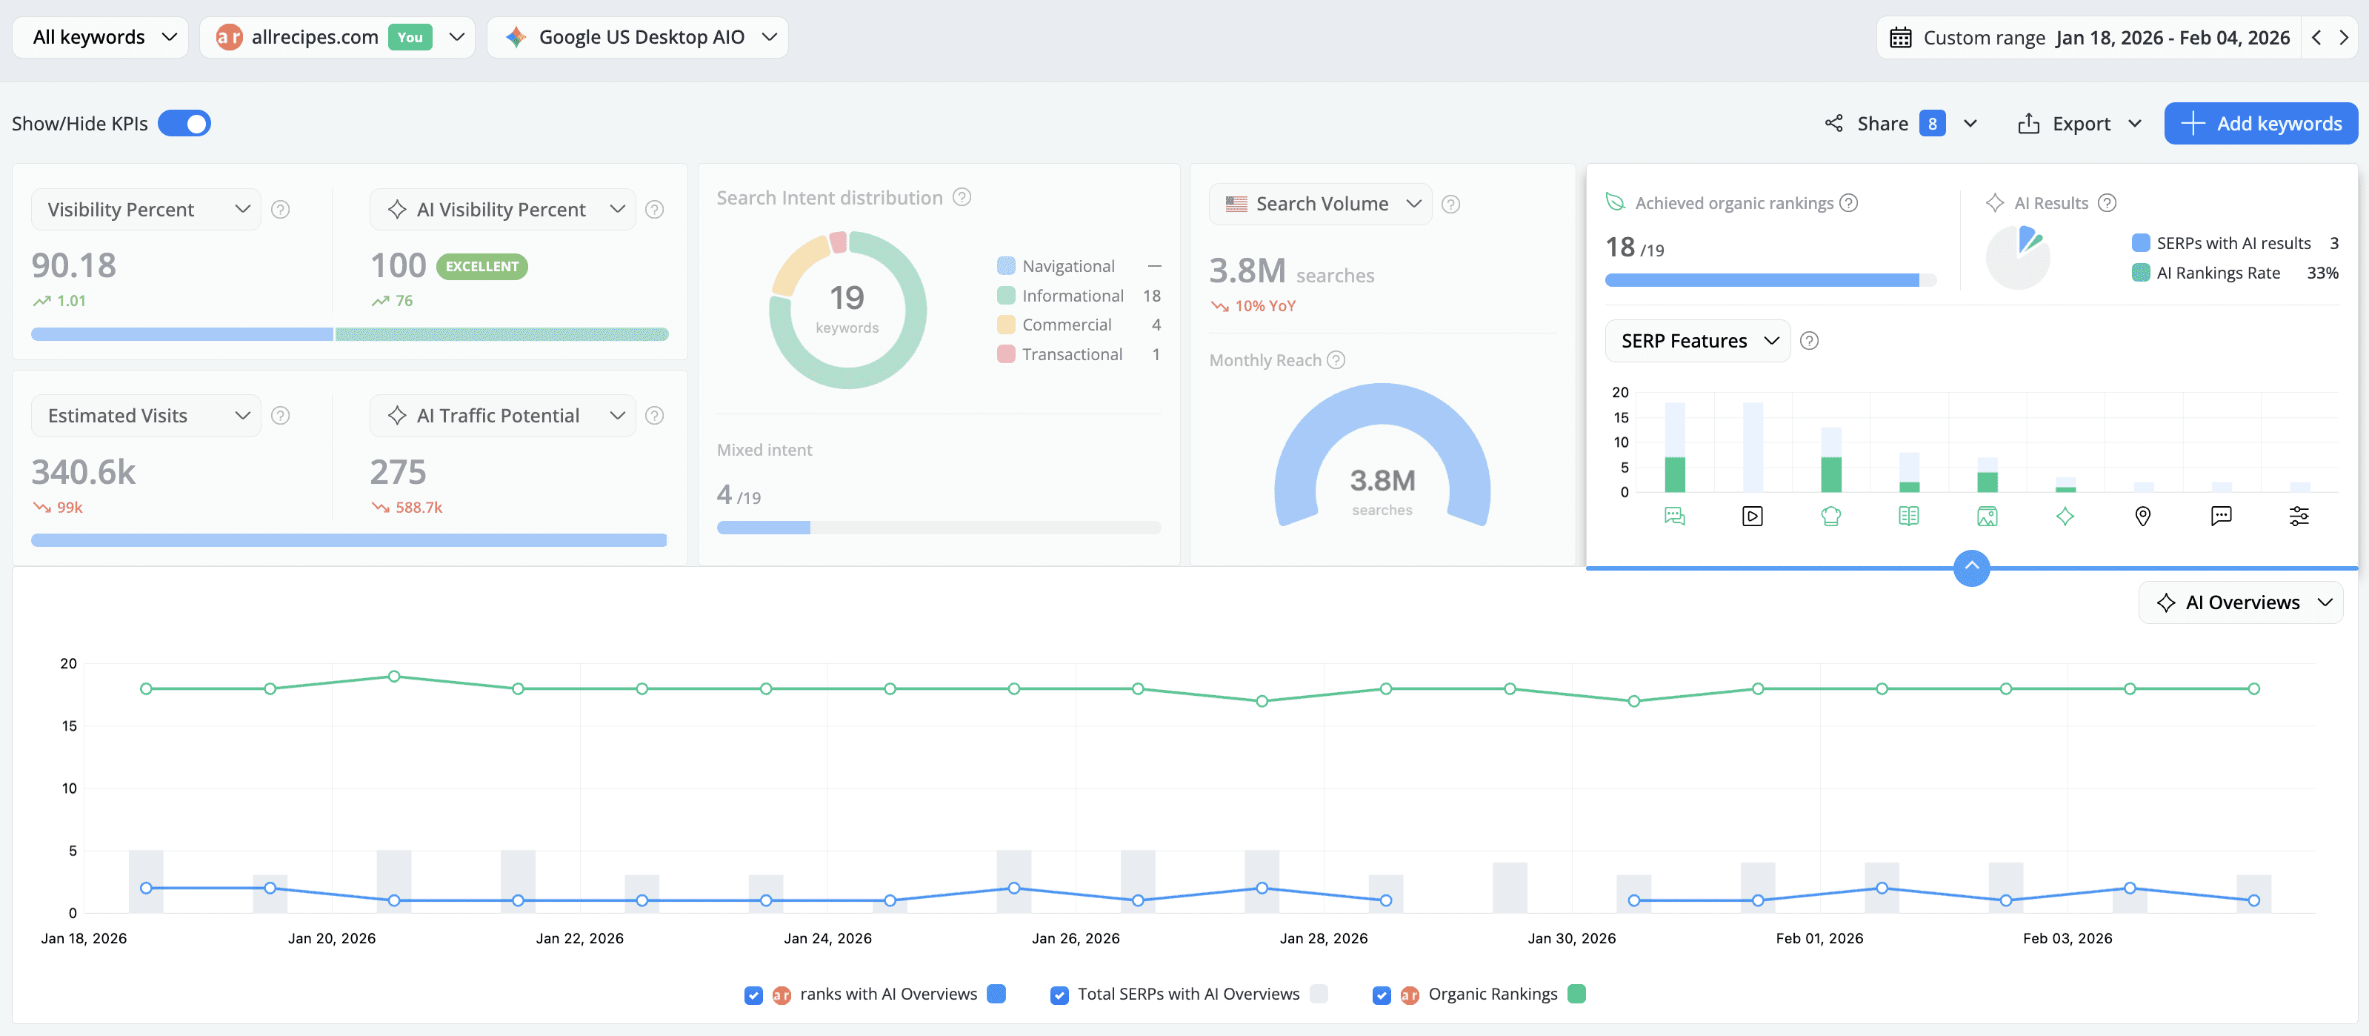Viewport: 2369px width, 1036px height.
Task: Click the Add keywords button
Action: coord(2261,123)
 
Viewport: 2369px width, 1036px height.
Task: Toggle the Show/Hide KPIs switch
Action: coord(184,123)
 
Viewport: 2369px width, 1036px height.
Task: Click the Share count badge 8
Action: coord(1932,123)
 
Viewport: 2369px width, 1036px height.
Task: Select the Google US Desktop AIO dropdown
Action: coord(639,37)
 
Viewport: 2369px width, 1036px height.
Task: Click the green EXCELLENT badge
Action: coord(482,266)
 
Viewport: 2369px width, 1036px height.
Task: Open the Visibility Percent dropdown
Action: coord(146,209)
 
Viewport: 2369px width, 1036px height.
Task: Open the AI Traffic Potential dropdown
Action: coord(503,415)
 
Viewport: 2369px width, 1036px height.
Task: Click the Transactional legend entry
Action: coord(1071,354)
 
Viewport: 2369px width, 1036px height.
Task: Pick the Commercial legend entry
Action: coord(1066,325)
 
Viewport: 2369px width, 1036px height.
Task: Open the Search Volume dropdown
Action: coord(1321,203)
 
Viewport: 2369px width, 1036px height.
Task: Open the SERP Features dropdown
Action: coord(1696,340)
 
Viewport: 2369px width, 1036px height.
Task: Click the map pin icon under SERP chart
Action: coord(2143,517)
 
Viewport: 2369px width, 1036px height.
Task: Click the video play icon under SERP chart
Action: coord(1753,517)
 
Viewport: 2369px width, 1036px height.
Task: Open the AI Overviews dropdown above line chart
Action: coord(2241,602)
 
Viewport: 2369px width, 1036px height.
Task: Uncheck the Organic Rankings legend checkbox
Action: coord(1382,995)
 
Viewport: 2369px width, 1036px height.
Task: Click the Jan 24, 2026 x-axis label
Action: coord(827,937)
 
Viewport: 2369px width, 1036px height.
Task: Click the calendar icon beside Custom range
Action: coord(1901,38)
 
